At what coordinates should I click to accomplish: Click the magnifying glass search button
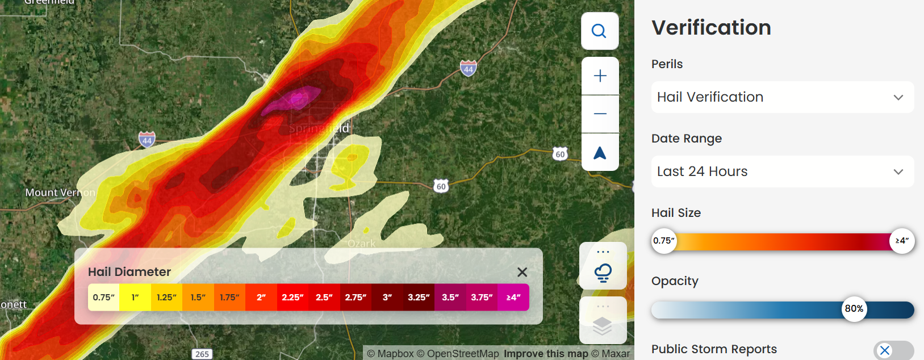point(600,31)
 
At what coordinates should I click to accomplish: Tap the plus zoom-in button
point(600,76)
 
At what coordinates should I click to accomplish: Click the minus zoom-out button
point(600,114)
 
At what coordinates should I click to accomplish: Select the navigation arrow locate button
point(600,153)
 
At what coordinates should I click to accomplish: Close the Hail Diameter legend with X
point(522,272)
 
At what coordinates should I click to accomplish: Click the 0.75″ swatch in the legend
point(103,298)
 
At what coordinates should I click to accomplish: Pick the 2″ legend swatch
point(261,298)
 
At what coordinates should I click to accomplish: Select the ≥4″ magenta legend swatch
point(513,298)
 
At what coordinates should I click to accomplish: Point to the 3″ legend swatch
point(387,298)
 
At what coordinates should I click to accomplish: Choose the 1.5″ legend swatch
point(198,298)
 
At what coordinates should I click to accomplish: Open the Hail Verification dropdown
point(782,97)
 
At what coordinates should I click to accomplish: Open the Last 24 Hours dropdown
point(782,171)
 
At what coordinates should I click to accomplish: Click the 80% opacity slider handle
point(854,309)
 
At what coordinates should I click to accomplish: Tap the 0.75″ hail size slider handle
point(663,241)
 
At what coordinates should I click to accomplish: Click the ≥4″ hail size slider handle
point(902,241)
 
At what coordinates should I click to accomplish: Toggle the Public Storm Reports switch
point(893,350)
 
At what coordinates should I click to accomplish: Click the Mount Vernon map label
point(60,192)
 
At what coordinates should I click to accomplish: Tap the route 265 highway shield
point(202,354)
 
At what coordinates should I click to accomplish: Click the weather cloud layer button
point(603,272)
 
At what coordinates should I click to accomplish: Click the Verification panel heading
point(711,28)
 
